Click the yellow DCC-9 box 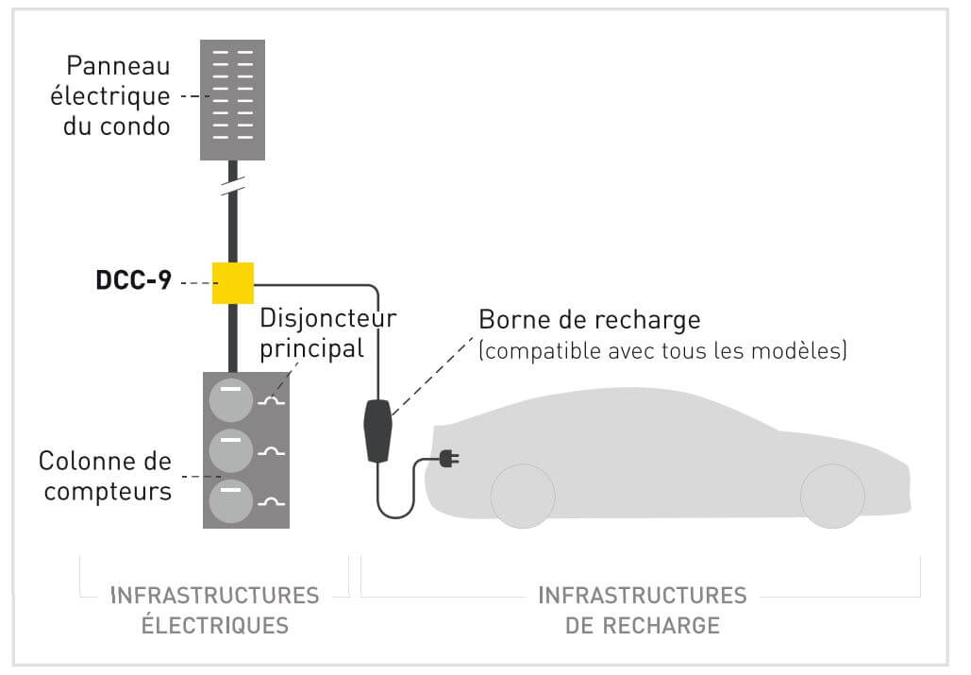point(233,283)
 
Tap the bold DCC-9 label point(134,279)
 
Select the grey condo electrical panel point(232,100)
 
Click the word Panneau point(118,66)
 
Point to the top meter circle point(231,400)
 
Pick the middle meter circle point(231,451)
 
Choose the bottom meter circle point(231,501)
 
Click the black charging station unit point(377,431)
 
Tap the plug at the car point(449,459)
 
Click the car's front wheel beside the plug point(523,496)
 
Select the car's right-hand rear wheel point(832,496)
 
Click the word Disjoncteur point(328,318)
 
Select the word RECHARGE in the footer point(661,626)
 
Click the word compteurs point(108,492)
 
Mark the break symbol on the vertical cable point(233,184)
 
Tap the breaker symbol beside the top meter point(271,402)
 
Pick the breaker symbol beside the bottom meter point(271,502)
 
